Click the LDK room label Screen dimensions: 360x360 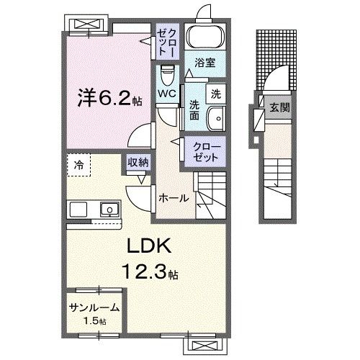pos(150,246)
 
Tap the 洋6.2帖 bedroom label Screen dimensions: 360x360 pos(109,97)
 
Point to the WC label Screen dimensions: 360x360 pos(167,94)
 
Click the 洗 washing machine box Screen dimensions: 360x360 pos(215,92)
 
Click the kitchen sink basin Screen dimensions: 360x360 pos(109,210)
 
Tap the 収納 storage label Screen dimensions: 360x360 pos(138,163)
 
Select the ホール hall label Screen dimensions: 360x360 pos(174,197)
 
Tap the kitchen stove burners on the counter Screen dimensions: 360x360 pos(78,210)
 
